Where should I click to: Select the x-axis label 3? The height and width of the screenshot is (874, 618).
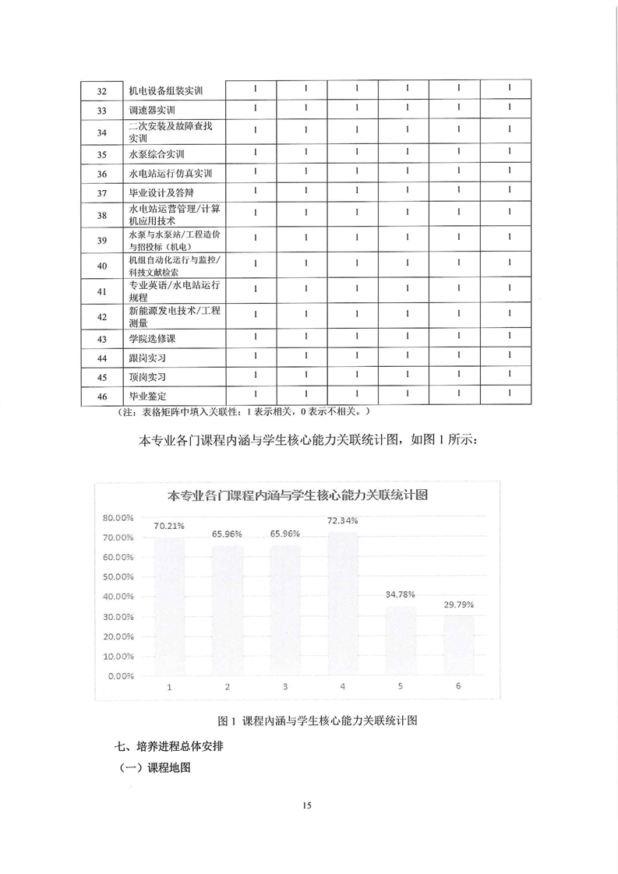point(285,686)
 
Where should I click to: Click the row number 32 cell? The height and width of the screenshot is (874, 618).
point(101,91)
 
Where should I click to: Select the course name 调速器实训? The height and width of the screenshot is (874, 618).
point(154,111)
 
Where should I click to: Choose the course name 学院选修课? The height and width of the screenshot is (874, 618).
point(154,339)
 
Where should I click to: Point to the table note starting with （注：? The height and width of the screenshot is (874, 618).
point(242,411)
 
